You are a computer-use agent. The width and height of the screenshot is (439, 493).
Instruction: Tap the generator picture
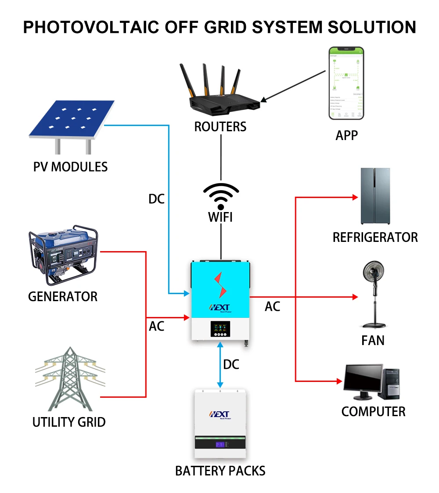(64, 255)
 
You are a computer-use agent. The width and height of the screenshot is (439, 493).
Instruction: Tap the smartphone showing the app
(346, 83)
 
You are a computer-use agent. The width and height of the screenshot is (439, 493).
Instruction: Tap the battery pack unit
(220, 423)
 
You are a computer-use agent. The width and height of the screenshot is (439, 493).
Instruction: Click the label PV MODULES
(70, 167)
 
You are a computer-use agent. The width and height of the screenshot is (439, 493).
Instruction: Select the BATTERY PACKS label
(220, 471)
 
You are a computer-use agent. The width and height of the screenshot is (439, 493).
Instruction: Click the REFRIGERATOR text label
(375, 238)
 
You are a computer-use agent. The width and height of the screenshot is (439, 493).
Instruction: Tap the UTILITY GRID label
(69, 422)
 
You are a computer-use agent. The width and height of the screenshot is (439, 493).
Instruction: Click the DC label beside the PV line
(156, 199)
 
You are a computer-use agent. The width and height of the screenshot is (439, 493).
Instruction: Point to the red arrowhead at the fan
(355, 297)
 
